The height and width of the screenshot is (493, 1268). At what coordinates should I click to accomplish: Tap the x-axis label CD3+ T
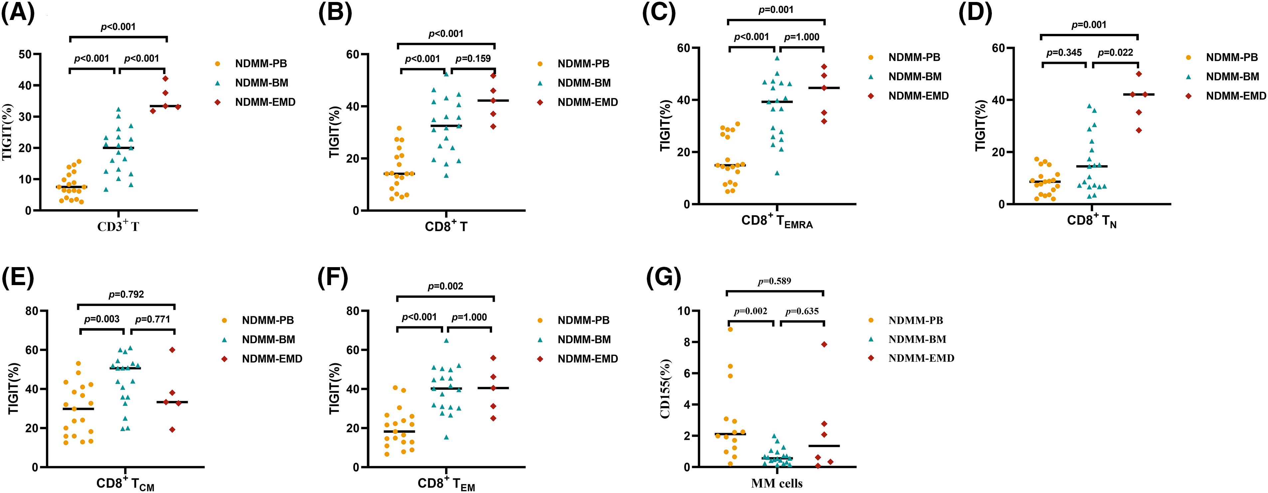(118, 226)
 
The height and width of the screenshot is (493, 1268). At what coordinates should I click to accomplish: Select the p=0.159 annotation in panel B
(472, 59)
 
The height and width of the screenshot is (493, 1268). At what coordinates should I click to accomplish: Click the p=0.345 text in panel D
(1064, 52)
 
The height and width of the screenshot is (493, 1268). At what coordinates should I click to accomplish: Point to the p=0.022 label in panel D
(1115, 52)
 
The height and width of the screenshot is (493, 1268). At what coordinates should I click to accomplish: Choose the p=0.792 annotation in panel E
(126, 294)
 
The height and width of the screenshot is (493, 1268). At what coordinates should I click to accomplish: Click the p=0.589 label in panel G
(774, 281)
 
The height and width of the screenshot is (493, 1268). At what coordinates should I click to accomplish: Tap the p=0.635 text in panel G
(802, 311)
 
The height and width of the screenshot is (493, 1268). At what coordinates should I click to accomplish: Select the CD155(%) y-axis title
(665, 389)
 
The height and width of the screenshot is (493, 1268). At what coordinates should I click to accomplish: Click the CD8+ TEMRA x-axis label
(777, 222)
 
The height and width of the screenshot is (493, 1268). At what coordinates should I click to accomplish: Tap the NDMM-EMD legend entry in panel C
(918, 96)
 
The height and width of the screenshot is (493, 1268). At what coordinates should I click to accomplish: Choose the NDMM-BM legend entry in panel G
(917, 339)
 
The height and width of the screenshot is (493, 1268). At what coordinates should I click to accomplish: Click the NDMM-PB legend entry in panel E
(267, 320)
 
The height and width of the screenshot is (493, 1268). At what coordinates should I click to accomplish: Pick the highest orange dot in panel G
(730, 329)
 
